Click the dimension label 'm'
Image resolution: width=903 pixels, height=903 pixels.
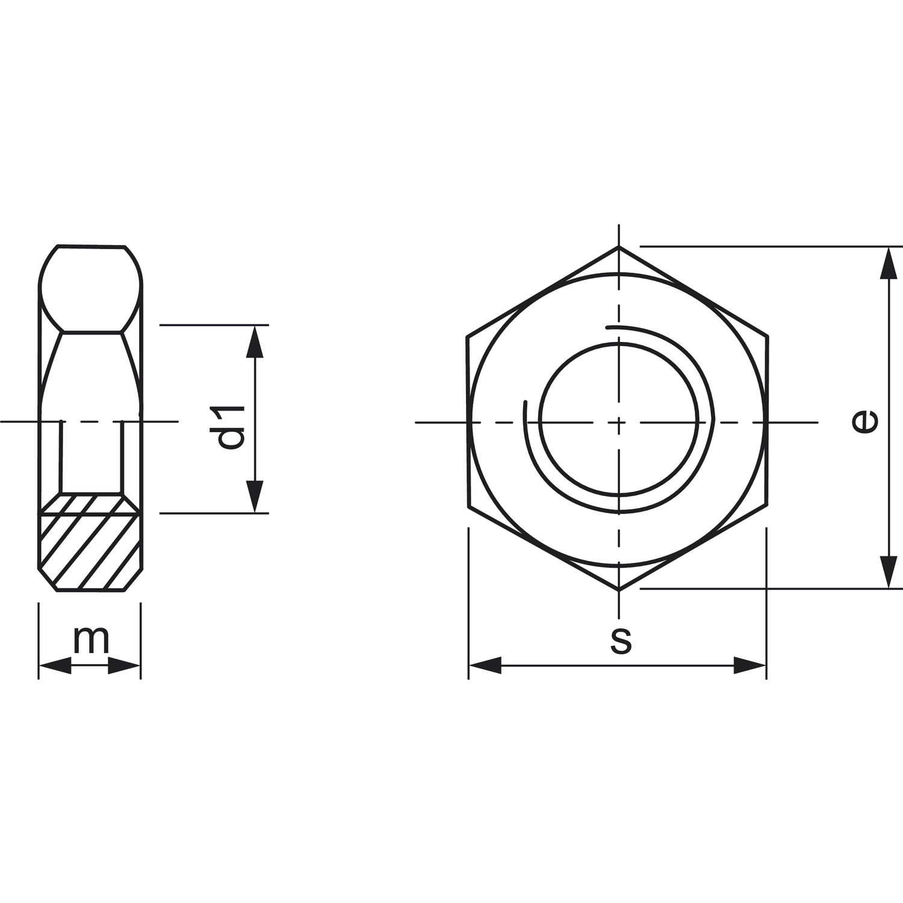[x=91, y=641]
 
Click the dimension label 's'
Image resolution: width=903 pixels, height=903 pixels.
[x=621, y=641]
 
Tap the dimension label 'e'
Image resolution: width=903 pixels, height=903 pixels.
[x=865, y=420]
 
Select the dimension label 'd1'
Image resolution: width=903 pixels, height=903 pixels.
[x=231, y=427]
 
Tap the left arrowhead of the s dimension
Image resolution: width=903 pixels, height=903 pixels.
[x=485, y=665]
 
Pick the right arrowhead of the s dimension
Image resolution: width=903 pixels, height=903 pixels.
[x=750, y=665]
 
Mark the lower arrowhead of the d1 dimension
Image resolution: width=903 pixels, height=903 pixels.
[x=256, y=497]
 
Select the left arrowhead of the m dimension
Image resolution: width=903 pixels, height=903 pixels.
[x=55, y=666]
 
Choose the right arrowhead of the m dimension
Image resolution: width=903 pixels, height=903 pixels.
[x=125, y=666]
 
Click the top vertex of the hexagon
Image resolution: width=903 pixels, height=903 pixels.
[x=619, y=246]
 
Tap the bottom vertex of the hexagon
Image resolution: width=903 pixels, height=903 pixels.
[x=619, y=589]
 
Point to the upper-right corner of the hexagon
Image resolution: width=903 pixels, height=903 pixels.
[x=768, y=336]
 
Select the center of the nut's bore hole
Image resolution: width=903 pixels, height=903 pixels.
[x=619, y=421]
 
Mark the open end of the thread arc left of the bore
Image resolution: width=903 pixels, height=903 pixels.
[x=526, y=402]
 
